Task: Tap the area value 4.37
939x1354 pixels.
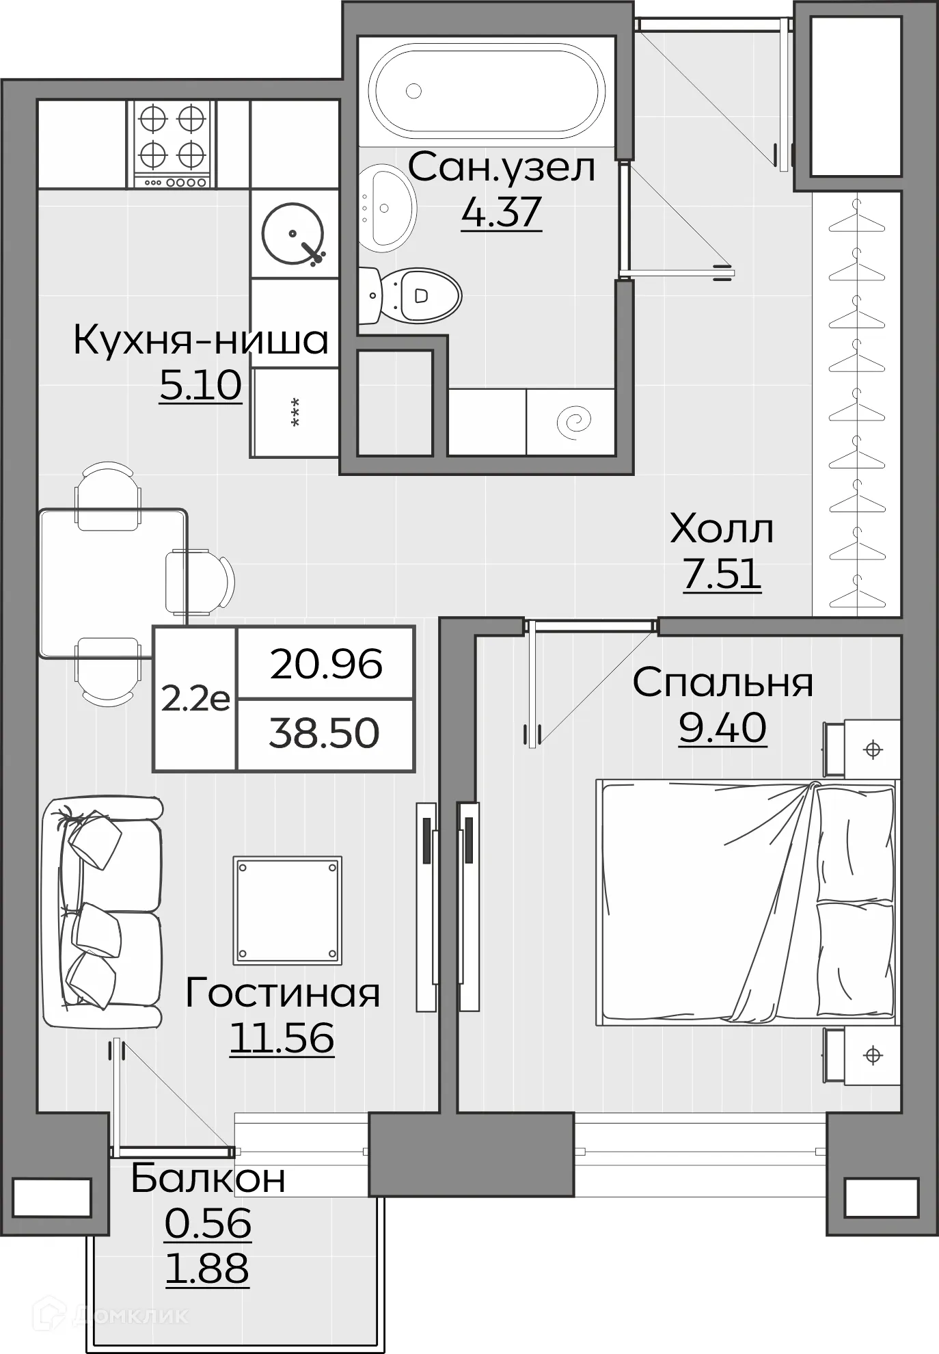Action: coord(501,212)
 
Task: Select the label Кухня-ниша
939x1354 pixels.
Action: coord(201,340)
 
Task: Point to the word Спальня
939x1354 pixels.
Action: coord(722,682)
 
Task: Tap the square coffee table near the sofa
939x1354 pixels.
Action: coord(287,910)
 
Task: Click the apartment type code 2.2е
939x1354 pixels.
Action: coord(195,700)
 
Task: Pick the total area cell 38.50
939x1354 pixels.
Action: coord(325,734)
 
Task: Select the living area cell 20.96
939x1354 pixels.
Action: coord(326,664)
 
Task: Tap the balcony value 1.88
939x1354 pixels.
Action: coord(207,1268)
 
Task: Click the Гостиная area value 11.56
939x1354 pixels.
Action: coord(282,1037)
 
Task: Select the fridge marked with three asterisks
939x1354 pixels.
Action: coord(295,412)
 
